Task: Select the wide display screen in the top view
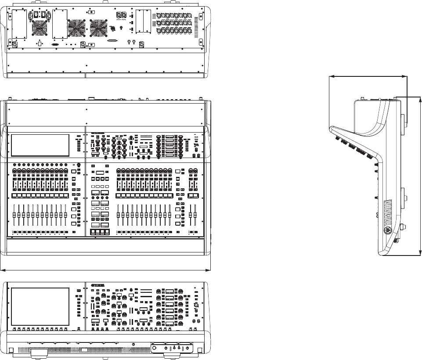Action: (x=40, y=145)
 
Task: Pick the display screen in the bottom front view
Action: (x=40, y=306)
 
